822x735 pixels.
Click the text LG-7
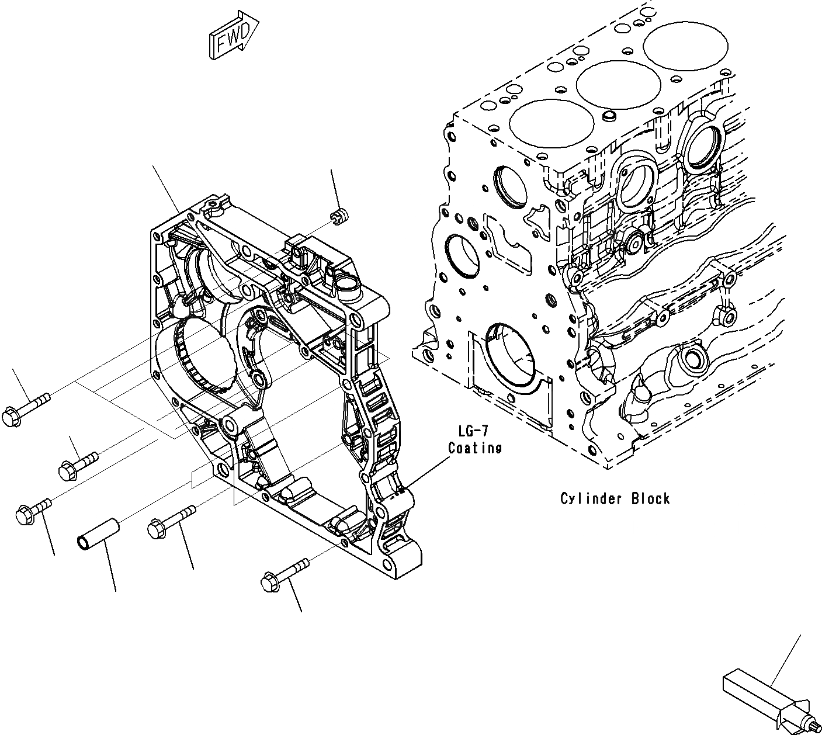tap(473, 431)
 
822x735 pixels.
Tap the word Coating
tap(475, 448)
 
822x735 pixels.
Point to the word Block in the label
tap(650, 499)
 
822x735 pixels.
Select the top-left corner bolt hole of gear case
tap(156, 236)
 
